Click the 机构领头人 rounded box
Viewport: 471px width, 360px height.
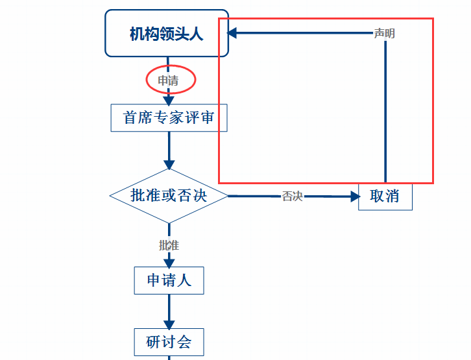click(x=167, y=33)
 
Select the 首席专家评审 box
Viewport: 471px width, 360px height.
click(x=169, y=117)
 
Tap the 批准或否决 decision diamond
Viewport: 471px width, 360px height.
click(x=169, y=195)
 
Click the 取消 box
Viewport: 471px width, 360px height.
click(x=385, y=196)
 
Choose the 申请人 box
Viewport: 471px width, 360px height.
click(x=169, y=280)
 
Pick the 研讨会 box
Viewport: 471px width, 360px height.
click(x=169, y=342)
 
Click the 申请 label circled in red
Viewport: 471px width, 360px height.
click(x=168, y=80)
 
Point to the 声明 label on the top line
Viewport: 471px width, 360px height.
click(x=384, y=33)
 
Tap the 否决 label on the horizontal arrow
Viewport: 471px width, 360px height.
click(x=292, y=196)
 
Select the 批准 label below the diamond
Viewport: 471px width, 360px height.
click(x=169, y=245)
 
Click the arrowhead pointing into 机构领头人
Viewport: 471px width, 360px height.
click(x=232, y=32)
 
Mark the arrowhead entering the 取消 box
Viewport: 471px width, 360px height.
click(x=354, y=196)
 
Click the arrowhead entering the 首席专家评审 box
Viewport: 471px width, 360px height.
click(x=169, y=101)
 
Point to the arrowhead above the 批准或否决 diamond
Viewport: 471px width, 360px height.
click(x=169, y=165)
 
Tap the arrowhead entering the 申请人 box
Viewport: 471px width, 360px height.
click(x=169, y=263)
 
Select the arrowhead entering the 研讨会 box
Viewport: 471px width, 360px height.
click(x=169, y=324)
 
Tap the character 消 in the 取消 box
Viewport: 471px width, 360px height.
click(x=392, y=196)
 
